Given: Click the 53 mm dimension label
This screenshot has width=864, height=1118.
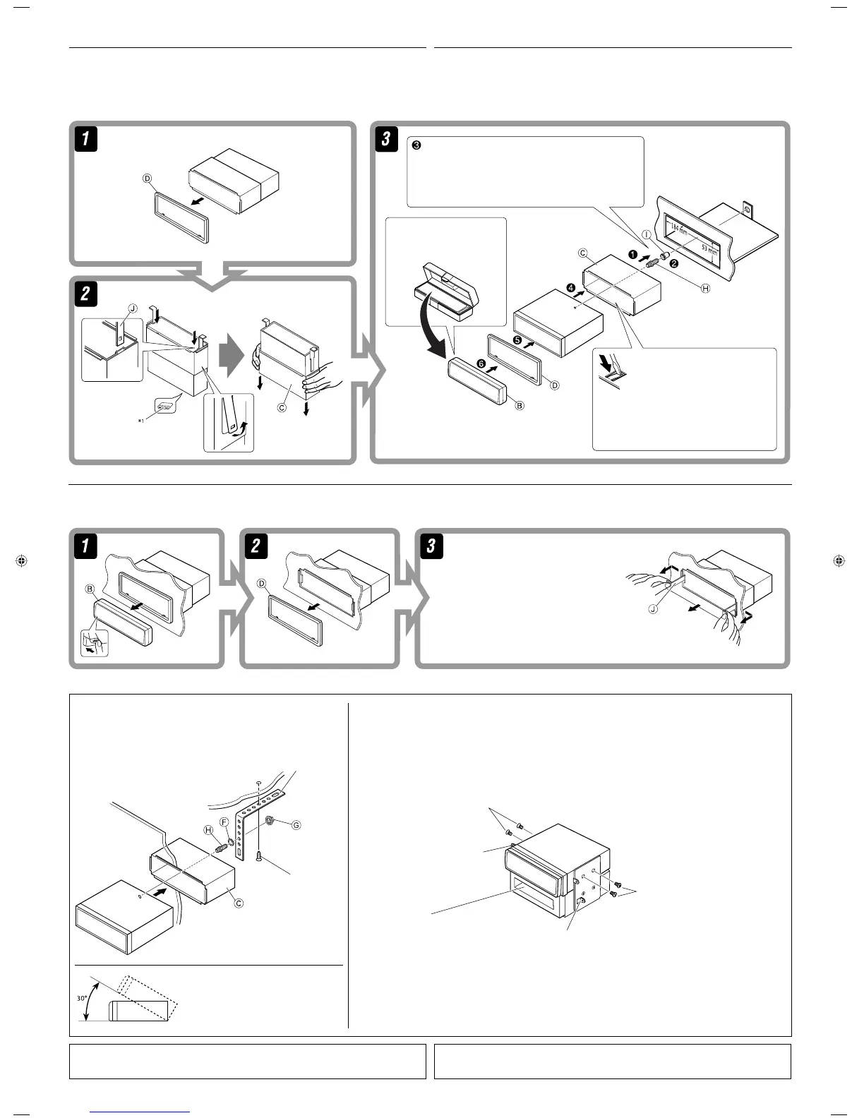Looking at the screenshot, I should point(709,249).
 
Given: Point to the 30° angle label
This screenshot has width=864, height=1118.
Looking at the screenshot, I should point(83,999).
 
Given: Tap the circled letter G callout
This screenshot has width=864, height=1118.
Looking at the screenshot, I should point(296,825).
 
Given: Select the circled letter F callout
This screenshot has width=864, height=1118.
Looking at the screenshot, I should point(224,822).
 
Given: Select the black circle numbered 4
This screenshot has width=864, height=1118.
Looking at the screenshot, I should point(571,288).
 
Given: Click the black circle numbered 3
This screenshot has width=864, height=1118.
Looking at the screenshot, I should point(416,145).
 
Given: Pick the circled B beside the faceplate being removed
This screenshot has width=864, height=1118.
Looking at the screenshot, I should point(90,588).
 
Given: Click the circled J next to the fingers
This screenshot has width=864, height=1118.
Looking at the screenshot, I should point(653,608).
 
